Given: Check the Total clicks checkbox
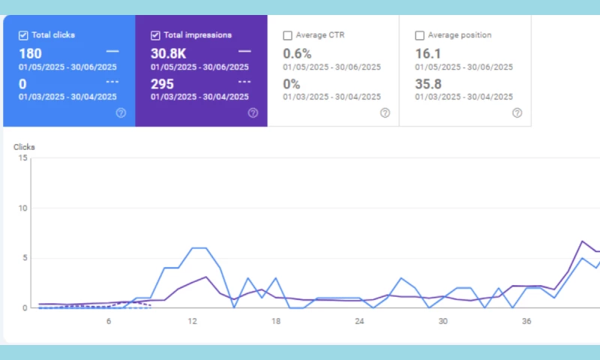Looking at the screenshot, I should coord(23,35).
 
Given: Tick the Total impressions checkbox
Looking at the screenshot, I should coord(155,35).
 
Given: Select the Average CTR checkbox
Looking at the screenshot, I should coord(287,35).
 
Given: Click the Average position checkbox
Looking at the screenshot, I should coord(419,35).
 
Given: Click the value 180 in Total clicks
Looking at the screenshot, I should coord(31,53).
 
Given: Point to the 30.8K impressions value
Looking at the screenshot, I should coord(169,53).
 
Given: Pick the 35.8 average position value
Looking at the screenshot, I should coord(427,83).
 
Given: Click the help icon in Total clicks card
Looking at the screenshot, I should coord(121,112).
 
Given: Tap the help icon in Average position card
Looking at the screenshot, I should coord(517,112).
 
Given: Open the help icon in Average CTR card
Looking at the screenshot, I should coord(385,112).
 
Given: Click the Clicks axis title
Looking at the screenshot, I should coord(24,147).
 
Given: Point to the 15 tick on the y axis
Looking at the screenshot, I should coord(23,158).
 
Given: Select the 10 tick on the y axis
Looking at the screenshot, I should coord(23,208).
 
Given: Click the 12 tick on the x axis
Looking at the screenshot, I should coord(192,321).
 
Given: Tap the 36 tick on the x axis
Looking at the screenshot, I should coord(526,321).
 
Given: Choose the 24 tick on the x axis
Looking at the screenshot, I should coord(359,321).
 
